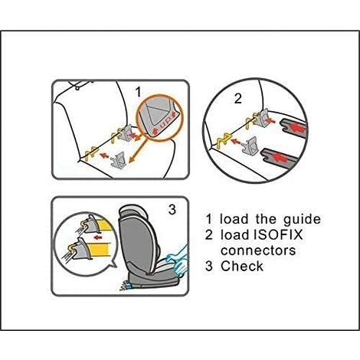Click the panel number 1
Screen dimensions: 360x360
(138, 92)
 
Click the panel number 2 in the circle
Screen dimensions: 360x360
(237, 99)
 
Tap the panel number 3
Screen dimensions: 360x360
(172, 210)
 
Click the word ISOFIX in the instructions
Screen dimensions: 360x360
(279, 234)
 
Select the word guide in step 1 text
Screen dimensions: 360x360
(302, 220)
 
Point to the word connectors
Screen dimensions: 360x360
(258, 250)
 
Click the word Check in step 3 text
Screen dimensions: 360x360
(242, 266)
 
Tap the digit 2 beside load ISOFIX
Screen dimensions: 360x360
(209, 235)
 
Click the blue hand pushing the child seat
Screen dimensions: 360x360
(178, 262)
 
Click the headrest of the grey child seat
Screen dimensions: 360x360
(133, 212)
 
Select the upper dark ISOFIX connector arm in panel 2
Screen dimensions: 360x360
(293, 128)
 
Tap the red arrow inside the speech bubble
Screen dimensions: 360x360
(98, 237)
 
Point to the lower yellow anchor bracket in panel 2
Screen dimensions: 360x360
(223, 141)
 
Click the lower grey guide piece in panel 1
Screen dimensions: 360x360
(118, 160)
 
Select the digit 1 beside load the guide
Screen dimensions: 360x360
(209, 220)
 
